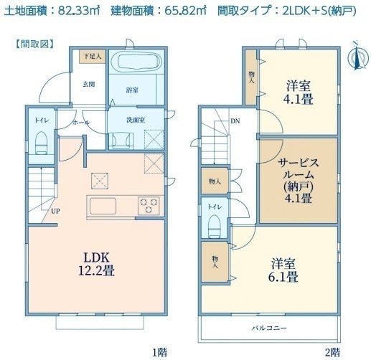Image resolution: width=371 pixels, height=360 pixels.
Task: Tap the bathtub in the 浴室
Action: coord(136,62)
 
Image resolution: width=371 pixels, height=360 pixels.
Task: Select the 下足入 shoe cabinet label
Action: coord(93,57)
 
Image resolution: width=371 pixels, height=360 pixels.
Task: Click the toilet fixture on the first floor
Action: coord(42,143)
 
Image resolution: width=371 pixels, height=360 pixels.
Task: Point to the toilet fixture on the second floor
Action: coord(215,227)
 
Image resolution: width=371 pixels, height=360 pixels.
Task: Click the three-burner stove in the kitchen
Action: coord(149,206)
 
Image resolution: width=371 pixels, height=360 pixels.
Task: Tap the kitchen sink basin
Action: coord(103,206)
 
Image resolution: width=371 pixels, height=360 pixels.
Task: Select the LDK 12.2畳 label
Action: coord(96,264)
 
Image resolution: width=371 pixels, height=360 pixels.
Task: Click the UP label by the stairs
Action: coord(55,212)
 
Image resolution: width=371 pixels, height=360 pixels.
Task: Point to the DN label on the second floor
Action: coord(235,121)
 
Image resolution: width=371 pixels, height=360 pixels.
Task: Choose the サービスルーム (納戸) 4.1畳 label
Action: coord(299,181)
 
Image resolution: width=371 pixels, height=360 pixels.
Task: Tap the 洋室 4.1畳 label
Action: coord(299,93)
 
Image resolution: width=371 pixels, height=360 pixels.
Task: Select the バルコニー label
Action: coord(269,328)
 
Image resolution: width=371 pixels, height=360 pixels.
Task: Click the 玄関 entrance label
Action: coord(89,84)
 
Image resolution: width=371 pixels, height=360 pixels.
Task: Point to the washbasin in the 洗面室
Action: coord(121,141)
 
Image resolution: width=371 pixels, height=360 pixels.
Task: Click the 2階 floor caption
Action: coord(332,351)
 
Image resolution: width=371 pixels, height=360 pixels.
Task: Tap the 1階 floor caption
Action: coord(160,351)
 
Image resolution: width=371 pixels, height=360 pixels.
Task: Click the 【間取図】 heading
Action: coord(34,44)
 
